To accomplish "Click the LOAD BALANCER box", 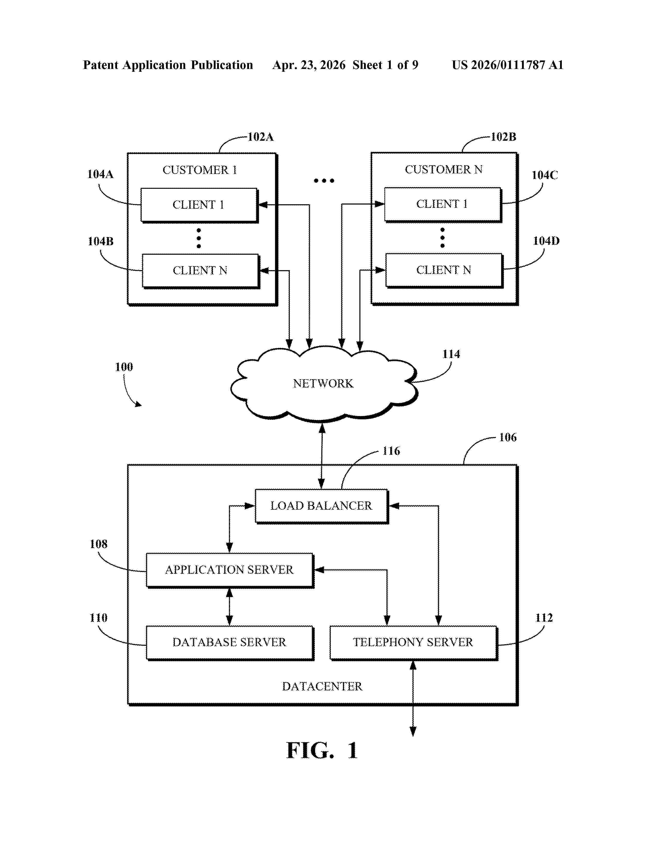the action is point(321,506).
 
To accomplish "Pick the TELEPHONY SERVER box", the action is point(413,642).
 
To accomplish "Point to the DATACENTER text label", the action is point(322,686).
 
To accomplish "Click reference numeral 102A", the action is point(261,137).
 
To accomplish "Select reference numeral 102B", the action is point(504,137).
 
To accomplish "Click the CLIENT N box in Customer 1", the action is point(201,271).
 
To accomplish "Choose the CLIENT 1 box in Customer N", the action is point(443,205).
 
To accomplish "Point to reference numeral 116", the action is point(391,451).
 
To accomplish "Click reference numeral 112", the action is point(544,618).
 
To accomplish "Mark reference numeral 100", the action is point(124,367).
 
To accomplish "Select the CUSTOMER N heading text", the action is point(444,170).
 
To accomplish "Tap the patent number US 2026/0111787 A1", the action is point(508,65).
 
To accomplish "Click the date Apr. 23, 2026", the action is point(309,65).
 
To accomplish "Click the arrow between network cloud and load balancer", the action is point(322,456).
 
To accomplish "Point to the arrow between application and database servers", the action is point(230,607).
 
